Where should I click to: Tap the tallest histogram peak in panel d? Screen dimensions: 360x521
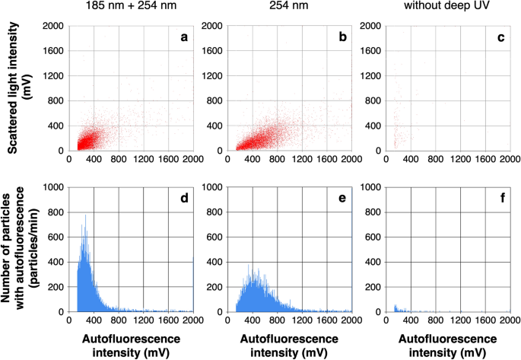[x=86, y=215]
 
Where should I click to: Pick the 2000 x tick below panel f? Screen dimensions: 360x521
[x=509, y=321]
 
